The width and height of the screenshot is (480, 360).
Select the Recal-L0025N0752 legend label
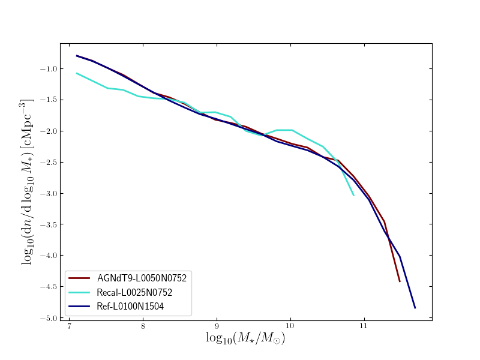[x=134, y=293]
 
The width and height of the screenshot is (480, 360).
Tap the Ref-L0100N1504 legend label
[x=130, y=307]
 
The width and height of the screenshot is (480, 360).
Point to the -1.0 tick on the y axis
[x=49, y=68]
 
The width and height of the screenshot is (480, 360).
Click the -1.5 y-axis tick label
[x=49, y=100]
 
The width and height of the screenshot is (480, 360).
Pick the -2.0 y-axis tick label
[x=49, y=131]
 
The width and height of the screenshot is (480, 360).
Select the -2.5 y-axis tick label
[x=49, y=162]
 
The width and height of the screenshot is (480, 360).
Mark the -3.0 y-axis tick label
[x=49, y=193]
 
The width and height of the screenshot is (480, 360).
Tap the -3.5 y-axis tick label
[x=49, y=224]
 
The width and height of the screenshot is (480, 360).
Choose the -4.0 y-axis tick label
[x=49, y=256]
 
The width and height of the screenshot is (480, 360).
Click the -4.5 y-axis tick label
[x=49, y=287]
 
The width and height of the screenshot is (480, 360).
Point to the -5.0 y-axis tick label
[x=49, y=318]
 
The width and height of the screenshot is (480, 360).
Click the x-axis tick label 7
[x=70, y=328]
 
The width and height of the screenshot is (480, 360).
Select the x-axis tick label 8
[x=143, y=328]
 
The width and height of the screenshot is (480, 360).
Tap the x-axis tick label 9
[x=217, y=328]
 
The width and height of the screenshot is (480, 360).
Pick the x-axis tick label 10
[x=290, y=328]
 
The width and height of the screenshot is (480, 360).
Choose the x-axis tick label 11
[x=364, y=328]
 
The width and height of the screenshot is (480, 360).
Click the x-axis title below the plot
[x=245, y=339]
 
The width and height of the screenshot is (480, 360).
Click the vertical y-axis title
[x=28, y=181]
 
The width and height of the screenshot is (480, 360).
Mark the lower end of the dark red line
[x=400, y=281]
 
